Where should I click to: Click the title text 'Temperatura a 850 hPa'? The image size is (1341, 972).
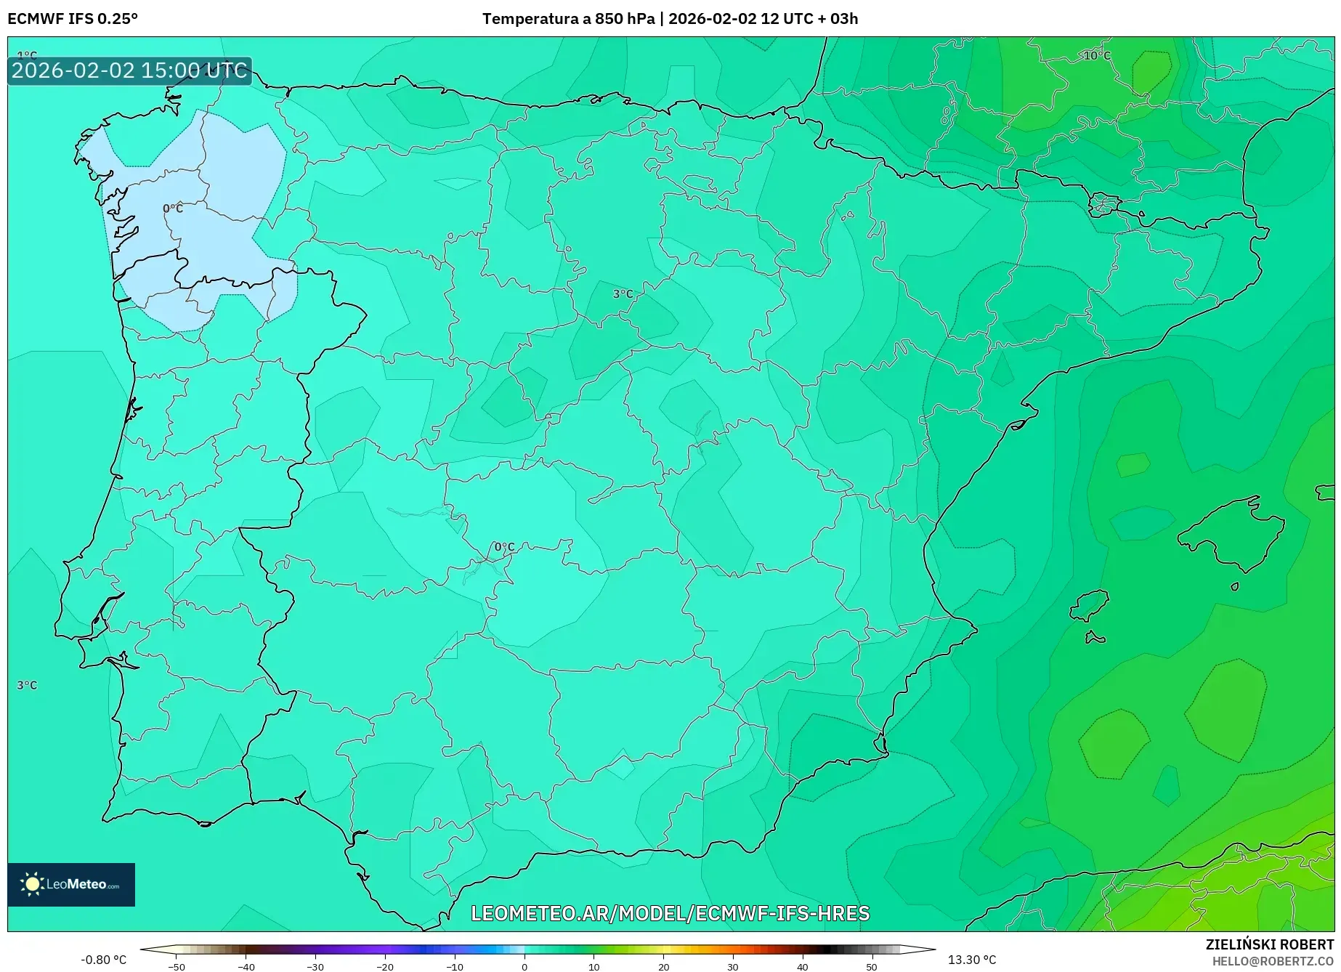568,19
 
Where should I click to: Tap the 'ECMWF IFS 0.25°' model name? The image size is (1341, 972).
73,19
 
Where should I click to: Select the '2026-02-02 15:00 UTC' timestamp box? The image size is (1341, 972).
129,70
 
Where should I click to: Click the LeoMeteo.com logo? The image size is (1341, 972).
71,884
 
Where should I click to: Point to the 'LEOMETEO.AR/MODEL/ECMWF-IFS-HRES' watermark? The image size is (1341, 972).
670,913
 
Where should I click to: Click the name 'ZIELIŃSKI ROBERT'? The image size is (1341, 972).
1269,944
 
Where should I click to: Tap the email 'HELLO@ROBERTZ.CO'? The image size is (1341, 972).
1273,961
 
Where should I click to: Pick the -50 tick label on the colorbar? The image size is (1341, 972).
176,967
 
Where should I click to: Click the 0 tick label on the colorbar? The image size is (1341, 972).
524,967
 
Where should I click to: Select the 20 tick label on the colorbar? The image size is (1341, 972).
663,967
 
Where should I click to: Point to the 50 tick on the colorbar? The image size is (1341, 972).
872,967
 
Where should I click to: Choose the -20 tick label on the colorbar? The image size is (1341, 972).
385,967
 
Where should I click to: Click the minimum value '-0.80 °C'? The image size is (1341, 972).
103,960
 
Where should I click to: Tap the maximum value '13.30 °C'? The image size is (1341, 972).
972,960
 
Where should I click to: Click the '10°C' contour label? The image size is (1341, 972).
1097,56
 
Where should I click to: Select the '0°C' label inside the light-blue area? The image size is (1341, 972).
173,208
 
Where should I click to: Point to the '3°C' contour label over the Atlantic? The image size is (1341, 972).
27,685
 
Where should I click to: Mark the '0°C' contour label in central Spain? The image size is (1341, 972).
504,547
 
